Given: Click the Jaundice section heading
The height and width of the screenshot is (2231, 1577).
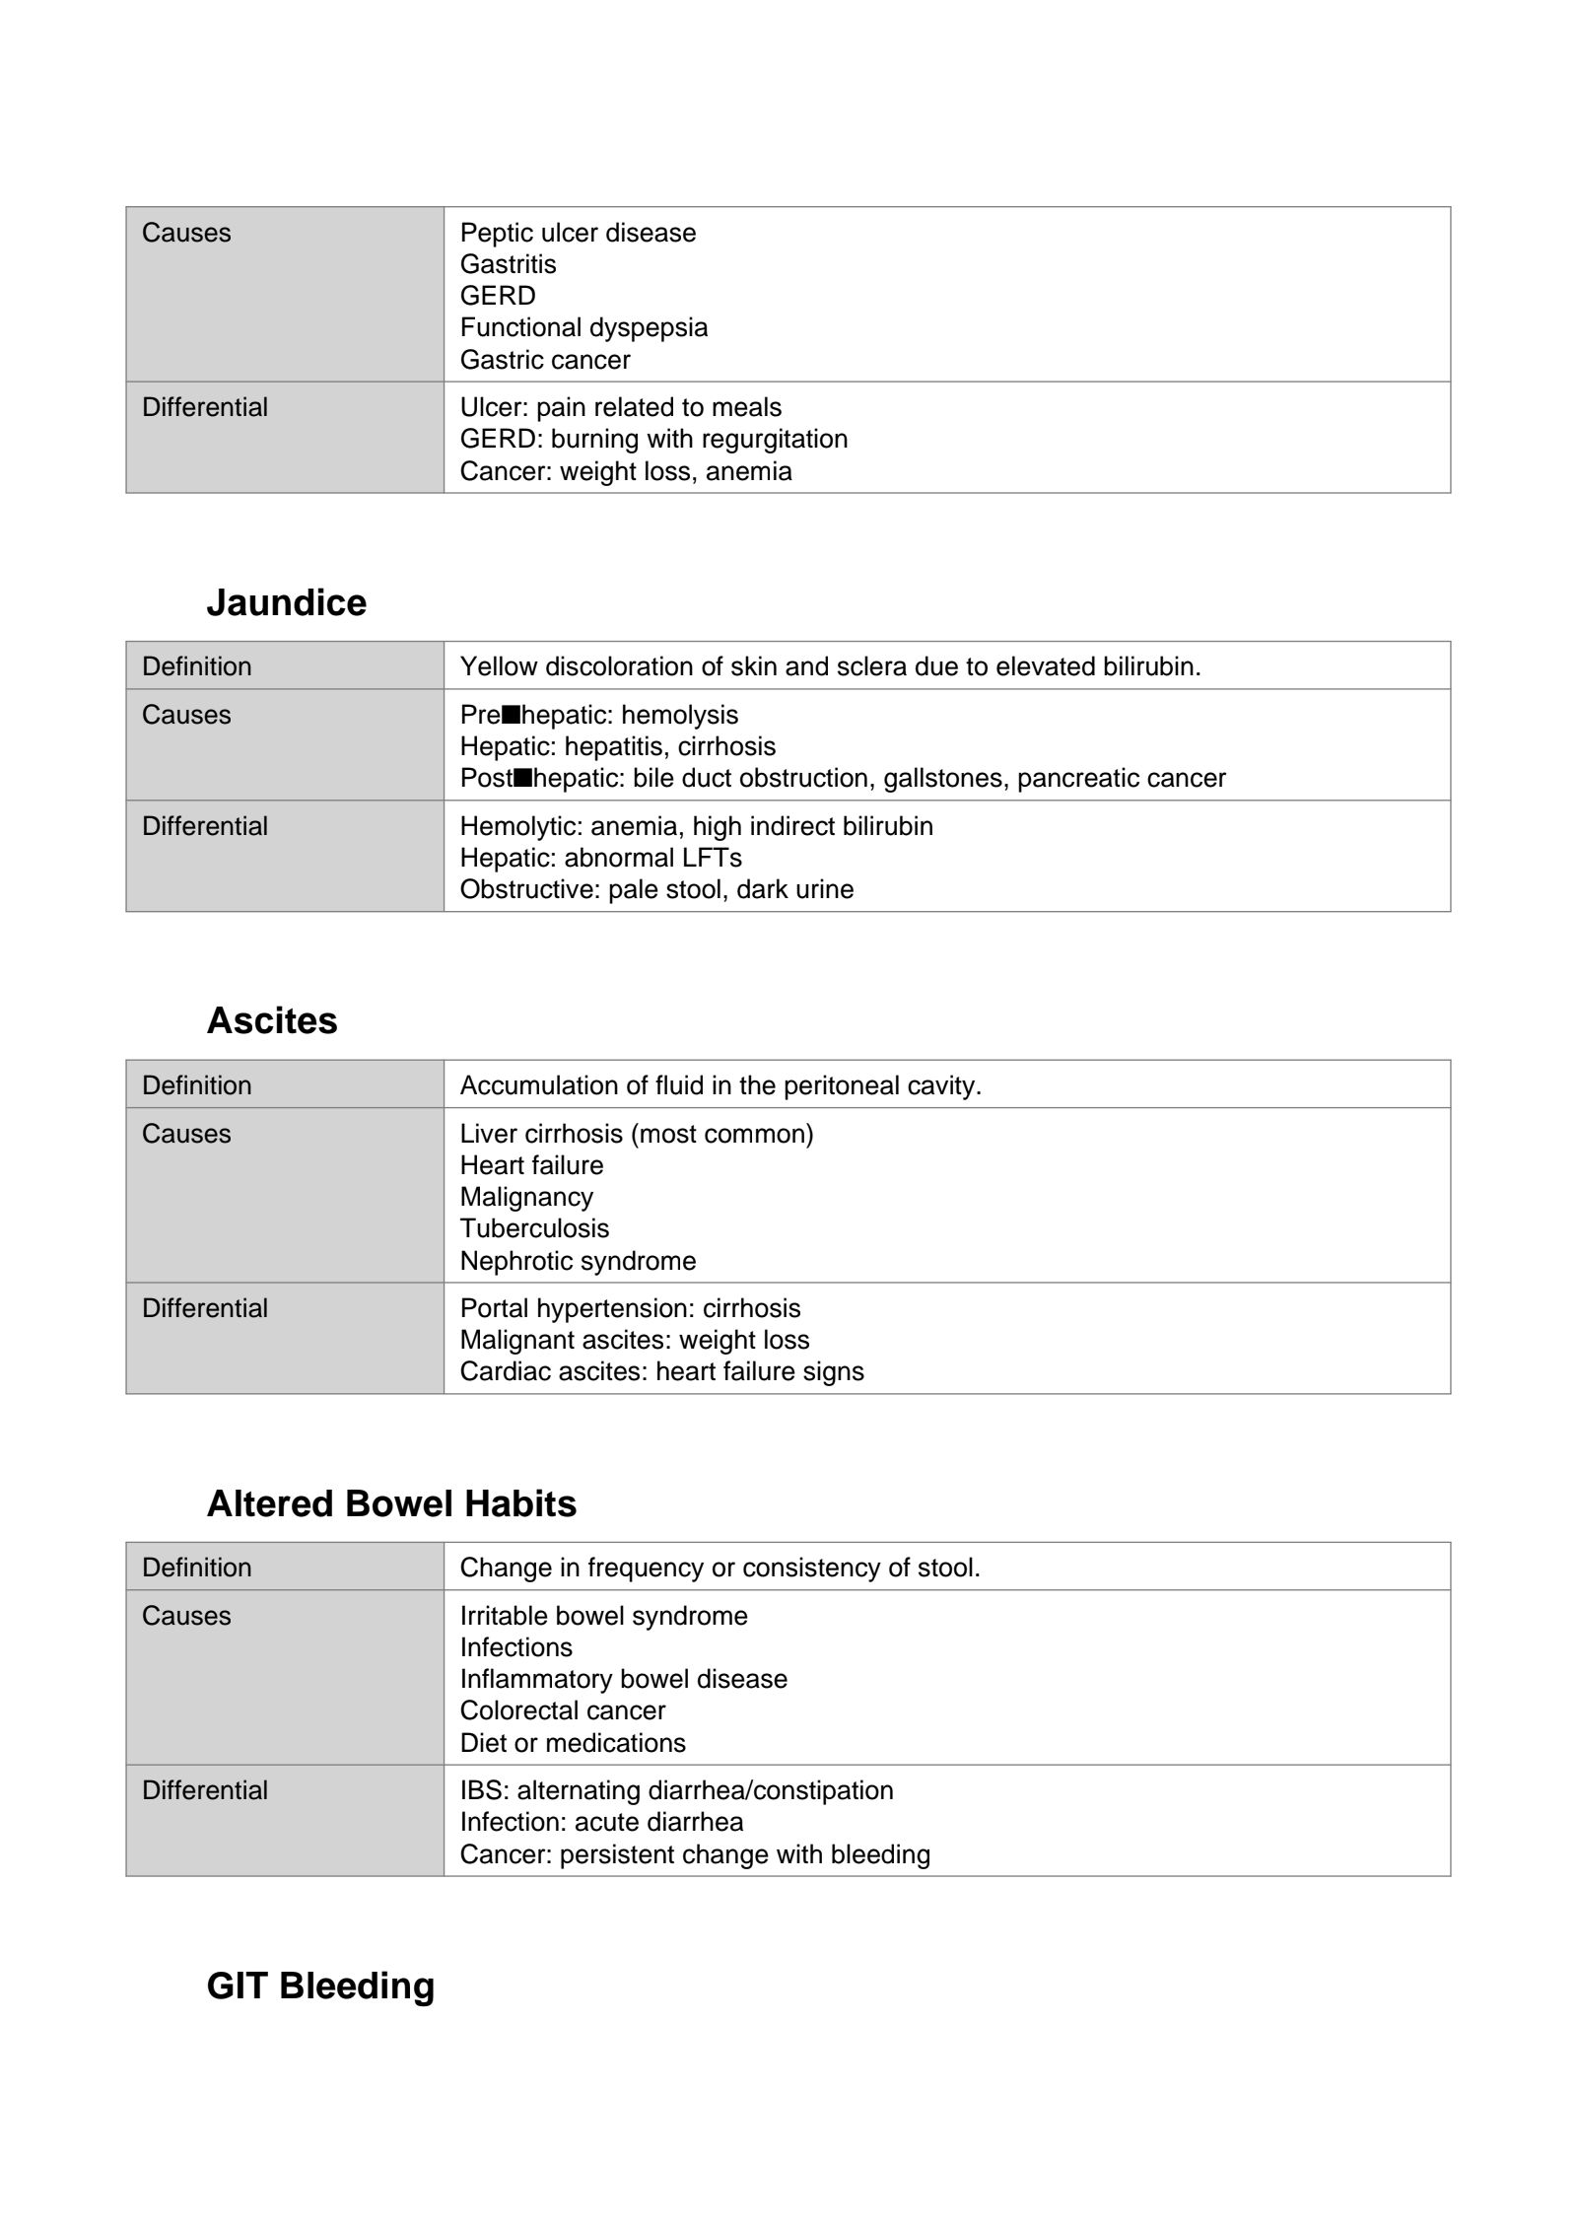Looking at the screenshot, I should point(286,602).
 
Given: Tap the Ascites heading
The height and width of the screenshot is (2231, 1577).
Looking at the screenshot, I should point(272,1020).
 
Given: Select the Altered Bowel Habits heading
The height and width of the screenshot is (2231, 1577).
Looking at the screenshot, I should point(391,1503).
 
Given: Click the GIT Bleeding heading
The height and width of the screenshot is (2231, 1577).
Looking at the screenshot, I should point(320,1986).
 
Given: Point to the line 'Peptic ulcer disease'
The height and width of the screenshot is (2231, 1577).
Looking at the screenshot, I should point(578,233).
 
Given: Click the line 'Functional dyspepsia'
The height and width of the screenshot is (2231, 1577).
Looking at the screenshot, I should point(583,327).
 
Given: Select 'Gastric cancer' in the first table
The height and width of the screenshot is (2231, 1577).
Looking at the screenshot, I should point(545,360).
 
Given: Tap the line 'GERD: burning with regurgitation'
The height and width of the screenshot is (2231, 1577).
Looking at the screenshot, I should point(653,439).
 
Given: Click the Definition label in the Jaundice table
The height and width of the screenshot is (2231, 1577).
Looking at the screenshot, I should point(196,666).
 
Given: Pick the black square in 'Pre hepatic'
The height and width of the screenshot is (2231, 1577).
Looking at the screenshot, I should point(511,714).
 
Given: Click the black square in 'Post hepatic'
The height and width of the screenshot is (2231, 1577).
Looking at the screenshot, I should point(522,778).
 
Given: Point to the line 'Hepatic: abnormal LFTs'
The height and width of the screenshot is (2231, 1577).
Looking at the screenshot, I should point(600,858).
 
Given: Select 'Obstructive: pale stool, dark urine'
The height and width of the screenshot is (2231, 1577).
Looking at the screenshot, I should point(656,889).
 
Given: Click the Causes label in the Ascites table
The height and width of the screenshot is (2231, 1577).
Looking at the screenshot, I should point(186,1134).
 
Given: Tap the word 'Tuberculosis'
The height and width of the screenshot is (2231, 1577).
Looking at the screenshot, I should point(534,1228).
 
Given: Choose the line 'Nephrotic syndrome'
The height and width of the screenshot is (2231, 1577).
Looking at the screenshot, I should point(578,1261).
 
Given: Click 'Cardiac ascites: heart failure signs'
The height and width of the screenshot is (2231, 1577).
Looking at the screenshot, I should point(661,1371).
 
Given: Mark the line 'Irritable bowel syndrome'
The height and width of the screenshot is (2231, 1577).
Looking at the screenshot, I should point(603,1616).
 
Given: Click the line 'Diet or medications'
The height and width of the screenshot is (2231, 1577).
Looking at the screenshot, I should point(573,1743).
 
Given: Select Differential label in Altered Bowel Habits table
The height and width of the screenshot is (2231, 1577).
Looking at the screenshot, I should point(204,1790).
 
